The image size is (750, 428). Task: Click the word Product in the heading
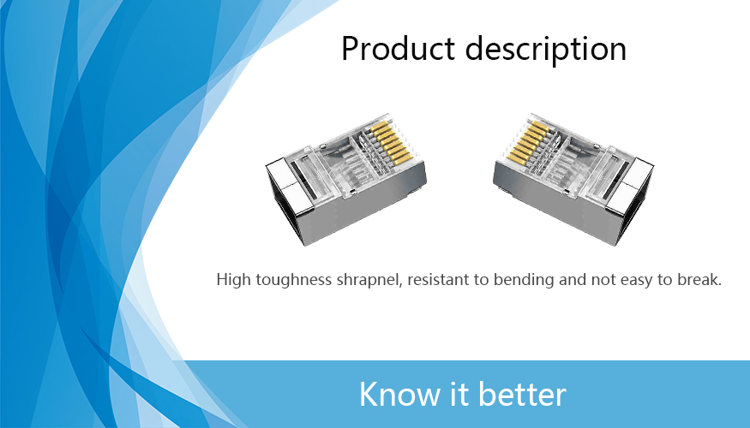click(x=398, y=48)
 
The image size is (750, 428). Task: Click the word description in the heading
click(x=546, y=49)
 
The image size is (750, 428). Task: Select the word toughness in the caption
click(x=294, y=280)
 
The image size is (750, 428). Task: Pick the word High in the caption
click(x=234, y=280)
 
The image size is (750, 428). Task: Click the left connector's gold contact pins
click(x=390, y=142)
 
